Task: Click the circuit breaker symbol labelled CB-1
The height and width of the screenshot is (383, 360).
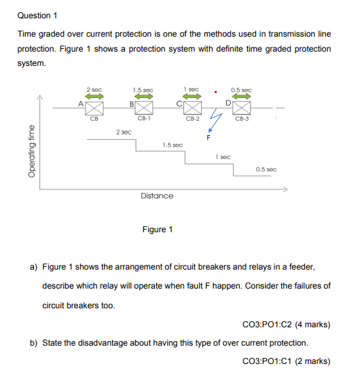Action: pyautogui.click(x=143, y=109)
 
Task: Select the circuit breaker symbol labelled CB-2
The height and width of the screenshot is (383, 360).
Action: pyautogui.click(x=193, y=109)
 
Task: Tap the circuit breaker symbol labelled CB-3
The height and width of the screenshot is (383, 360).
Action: pyautogui.click(x=242, y=109)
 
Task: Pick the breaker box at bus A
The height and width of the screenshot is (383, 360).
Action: pyautogui.click(x=94, y=109)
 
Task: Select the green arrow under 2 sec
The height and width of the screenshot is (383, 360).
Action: pyautogui.click(x=94, y=97)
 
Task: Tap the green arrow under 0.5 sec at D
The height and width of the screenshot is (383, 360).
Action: pyautogui.click(x=242, y=97)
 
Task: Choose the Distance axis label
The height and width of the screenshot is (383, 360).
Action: pyautogui.click(x=156, y=196)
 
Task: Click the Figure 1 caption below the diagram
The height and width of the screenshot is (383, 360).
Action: pyautogui.click(x=157, y=229)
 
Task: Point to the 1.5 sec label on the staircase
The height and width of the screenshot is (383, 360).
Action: pyautogui.click(x=173, y=145)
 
